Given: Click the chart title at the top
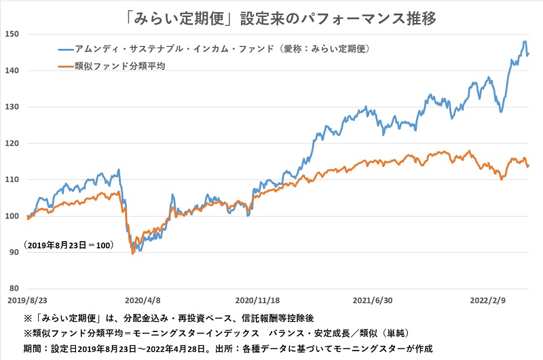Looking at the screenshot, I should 271,16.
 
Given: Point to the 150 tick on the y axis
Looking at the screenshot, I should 12,34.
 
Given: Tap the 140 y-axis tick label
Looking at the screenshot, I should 12,71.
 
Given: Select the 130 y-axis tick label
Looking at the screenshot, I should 12,107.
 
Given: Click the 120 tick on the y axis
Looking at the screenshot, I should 12,144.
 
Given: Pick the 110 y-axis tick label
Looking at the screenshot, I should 12,180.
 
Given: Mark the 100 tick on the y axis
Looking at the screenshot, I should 12,217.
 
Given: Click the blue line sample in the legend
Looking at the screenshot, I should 65,49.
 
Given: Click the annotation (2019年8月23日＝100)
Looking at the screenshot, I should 68,244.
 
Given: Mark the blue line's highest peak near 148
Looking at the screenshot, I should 525,41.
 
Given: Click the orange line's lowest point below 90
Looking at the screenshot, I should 132,253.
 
